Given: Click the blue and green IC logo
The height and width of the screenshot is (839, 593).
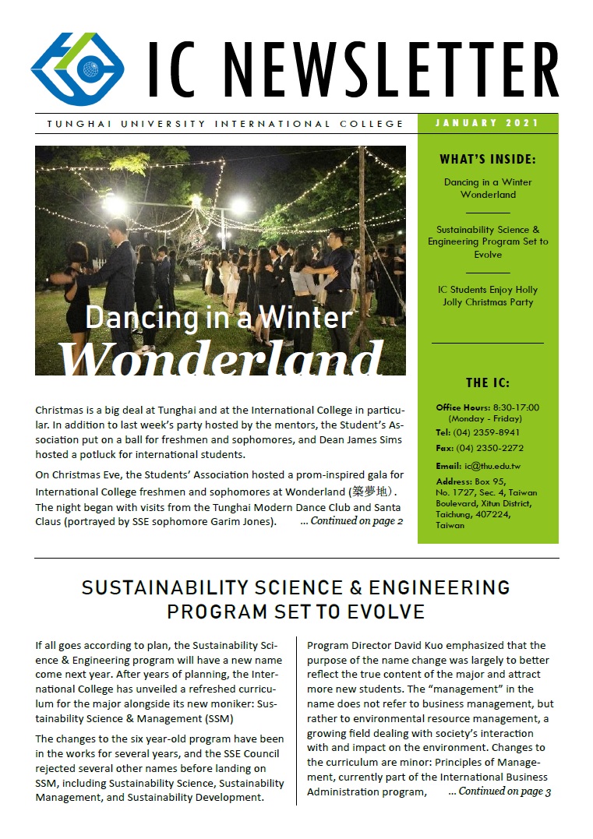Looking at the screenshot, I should pyautogui.click(x=77, y=65).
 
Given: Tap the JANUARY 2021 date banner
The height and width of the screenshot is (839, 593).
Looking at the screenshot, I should pyautogui.click(x=488, y=123).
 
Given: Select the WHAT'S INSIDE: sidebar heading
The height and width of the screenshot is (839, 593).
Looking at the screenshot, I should pyautogui.click(x=488, y=160).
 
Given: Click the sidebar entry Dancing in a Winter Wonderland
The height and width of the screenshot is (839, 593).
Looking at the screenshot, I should pyautogui.click(x=488, y=189).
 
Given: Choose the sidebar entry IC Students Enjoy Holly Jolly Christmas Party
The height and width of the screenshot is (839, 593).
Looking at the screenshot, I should pyautogui.click(x=488, y=296).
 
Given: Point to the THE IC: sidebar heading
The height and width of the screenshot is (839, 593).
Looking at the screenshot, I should pyautogui.click(x=488, y=383).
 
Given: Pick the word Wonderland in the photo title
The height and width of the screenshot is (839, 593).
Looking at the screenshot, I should pyautogui.click(x=221, y=358).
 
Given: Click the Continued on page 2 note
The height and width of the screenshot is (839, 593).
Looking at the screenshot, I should pyautogui.click(x=351, y=521).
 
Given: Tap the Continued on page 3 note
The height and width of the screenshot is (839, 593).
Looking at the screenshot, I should pyautogui.click(x=499, y=791).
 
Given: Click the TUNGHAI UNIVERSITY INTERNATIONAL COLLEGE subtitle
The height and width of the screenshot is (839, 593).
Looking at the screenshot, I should pyautogui.click(x=225, y=124).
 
